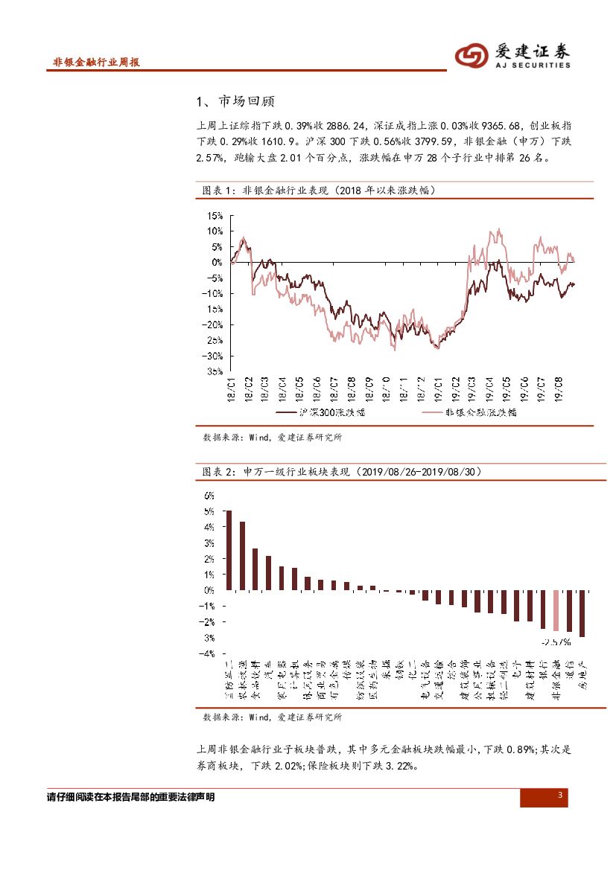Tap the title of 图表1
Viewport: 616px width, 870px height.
click(320, 191)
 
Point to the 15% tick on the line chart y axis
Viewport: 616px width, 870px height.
click(215, 216)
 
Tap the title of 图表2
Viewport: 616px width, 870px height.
click(343, 472)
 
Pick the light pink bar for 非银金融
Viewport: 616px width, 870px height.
click(556, 610)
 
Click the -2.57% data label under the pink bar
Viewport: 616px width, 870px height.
click(556, 641)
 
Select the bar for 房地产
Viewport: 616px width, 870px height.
click(582, 613)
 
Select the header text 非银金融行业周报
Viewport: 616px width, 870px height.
click(97, 63)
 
